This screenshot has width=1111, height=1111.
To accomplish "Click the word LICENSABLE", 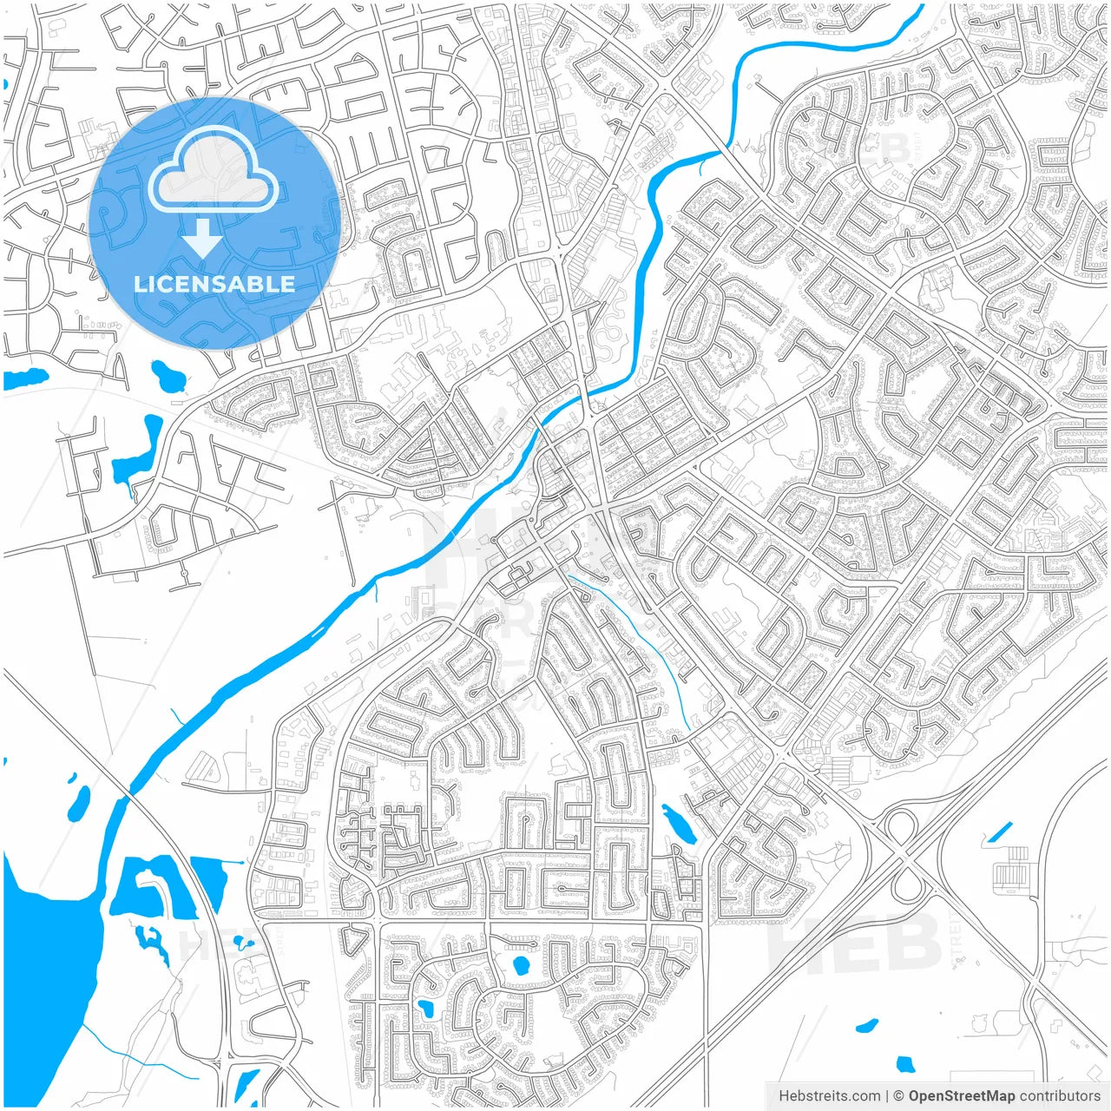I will pos(214,284).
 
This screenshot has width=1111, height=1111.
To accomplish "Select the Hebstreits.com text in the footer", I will pos(829,1096).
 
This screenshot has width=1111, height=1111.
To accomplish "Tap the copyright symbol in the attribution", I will pos(899,1096).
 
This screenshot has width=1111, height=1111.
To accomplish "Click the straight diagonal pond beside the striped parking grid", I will pos(999,832).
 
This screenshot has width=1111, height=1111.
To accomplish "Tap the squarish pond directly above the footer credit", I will pos(905,1064).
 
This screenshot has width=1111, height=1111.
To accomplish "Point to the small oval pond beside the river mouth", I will pos(79,803).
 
